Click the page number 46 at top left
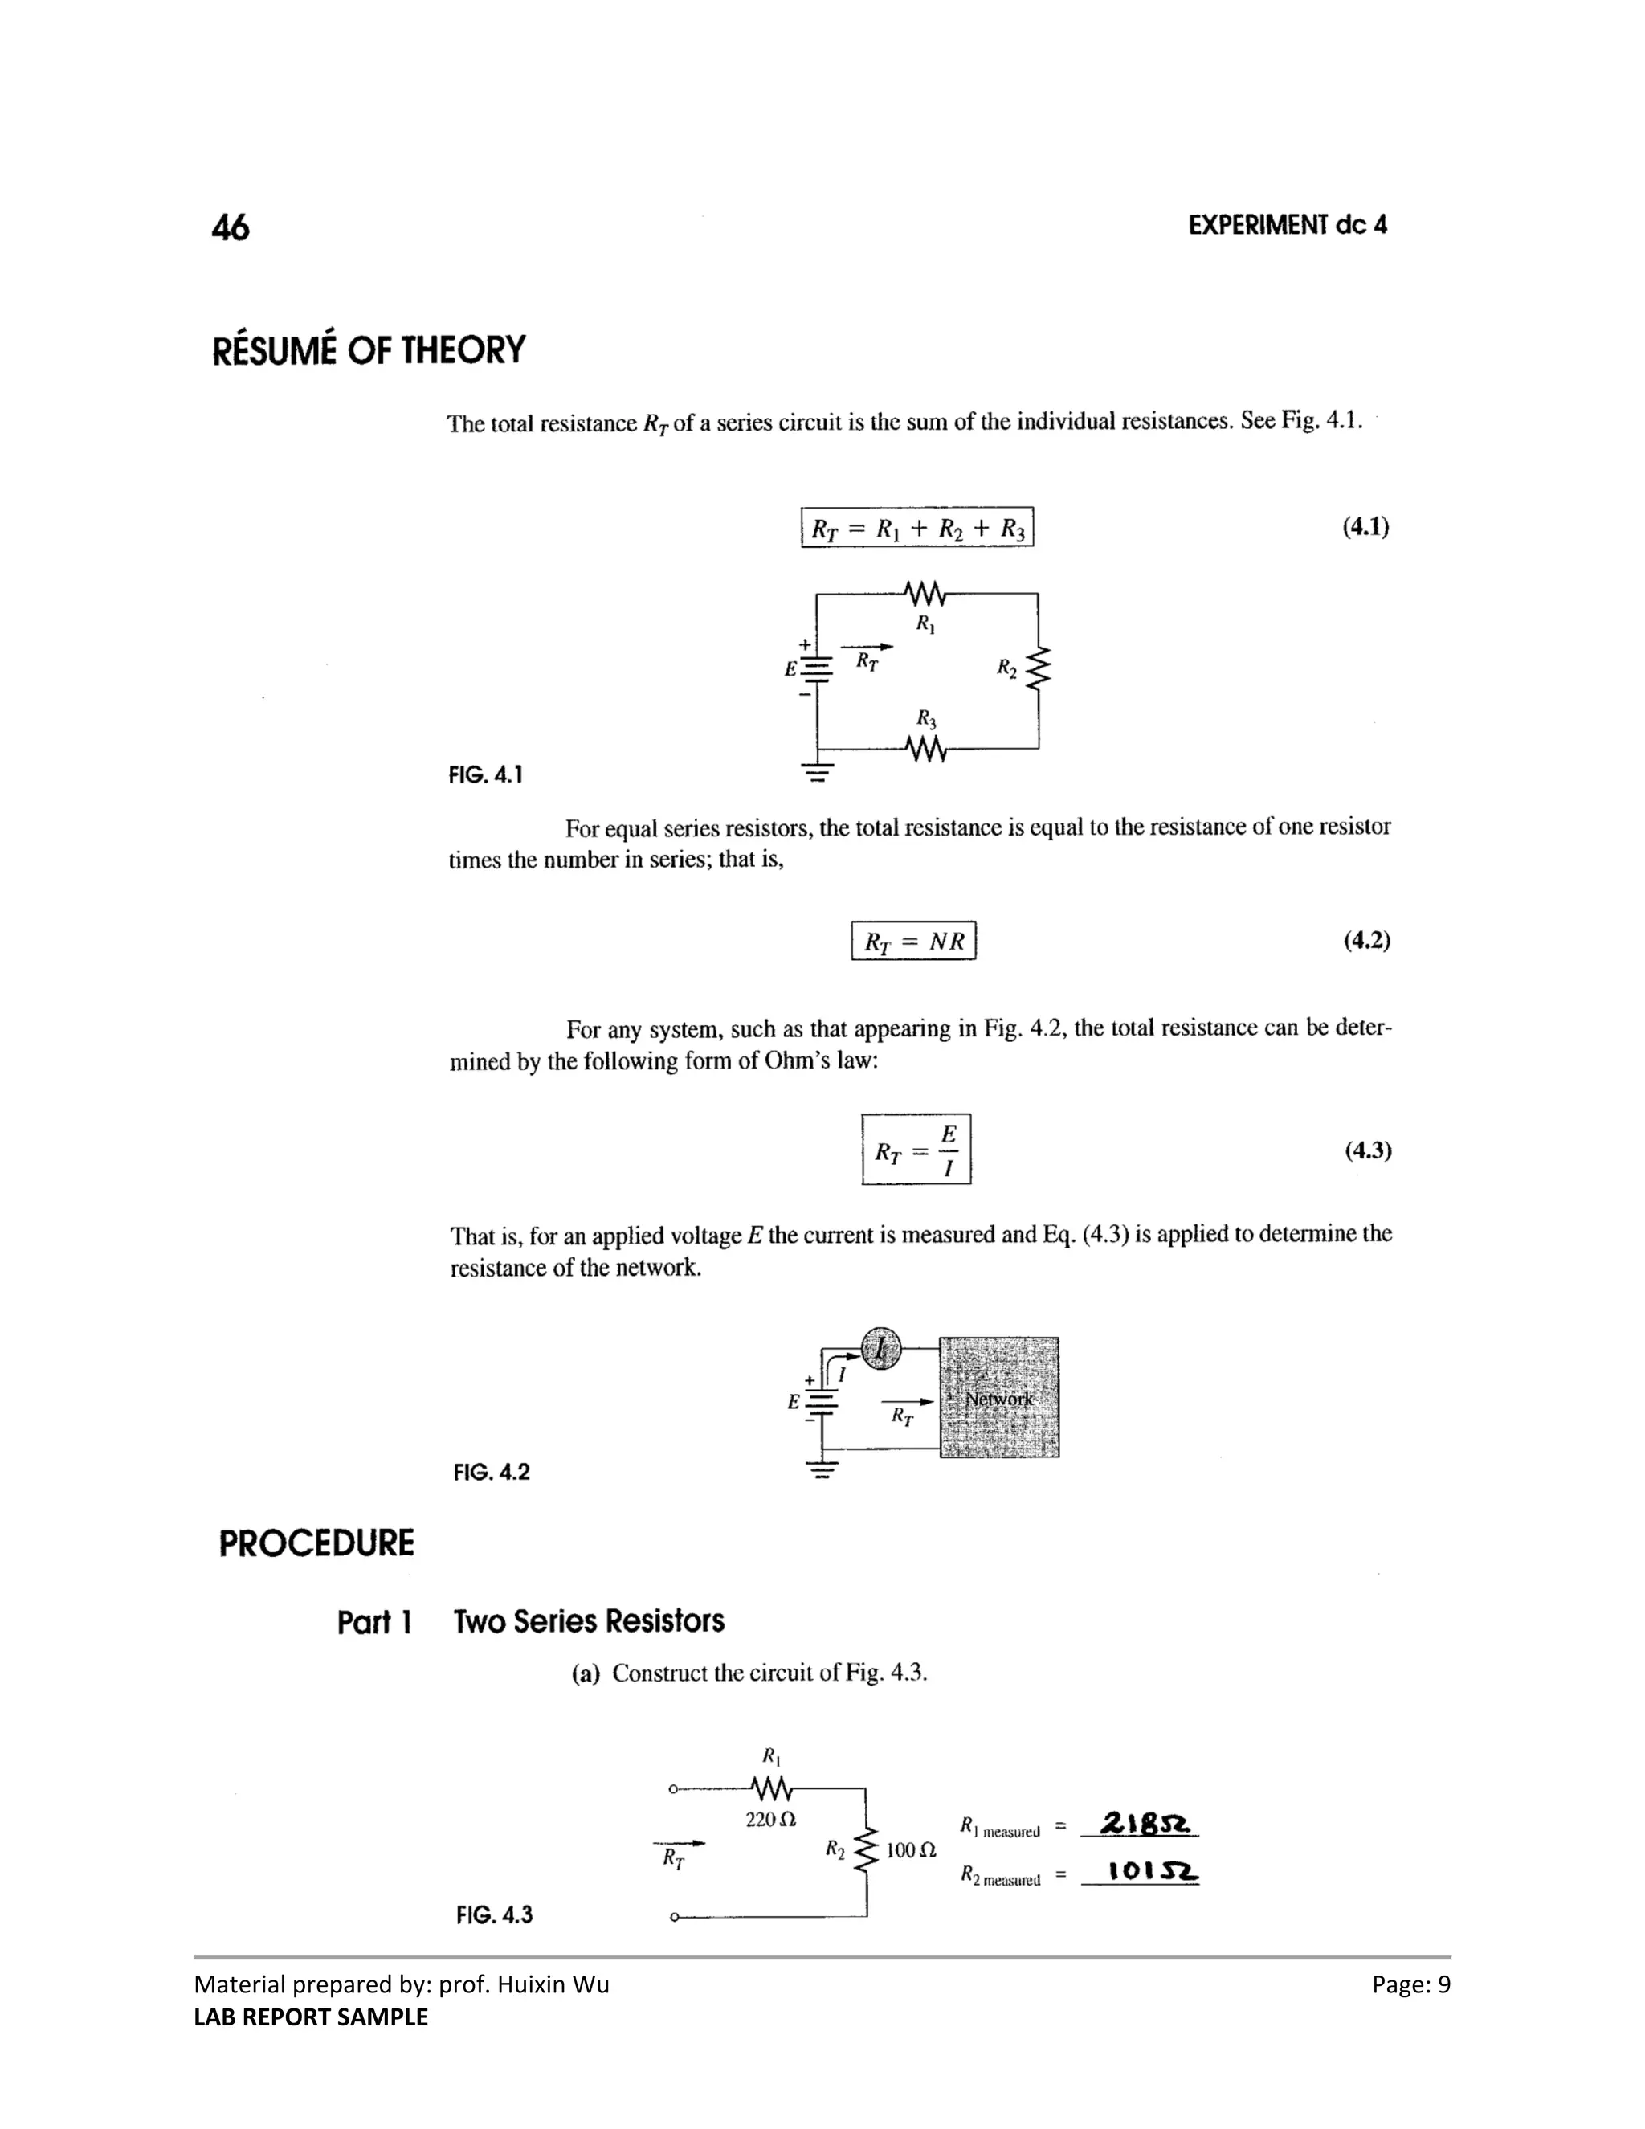[x=230, y=227]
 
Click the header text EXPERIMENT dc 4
[x=1287, y=225]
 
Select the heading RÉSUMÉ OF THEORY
[x=369, y=350]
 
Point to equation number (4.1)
[x=1365, y=527]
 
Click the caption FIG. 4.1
[x=485, y=775]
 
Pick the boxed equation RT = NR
[x=913, y=941]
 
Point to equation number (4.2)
[x=1366, y=941]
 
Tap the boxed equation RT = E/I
[x=916, y=1150]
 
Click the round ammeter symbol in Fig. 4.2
[x=881, y=1349]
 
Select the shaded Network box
[x=999, y=1398]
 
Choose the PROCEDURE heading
[x=316, y=1544]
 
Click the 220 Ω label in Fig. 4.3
[x=769, y=1819]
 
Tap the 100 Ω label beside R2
[x=911, y=1849]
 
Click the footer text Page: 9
[x=1410, y=1984]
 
